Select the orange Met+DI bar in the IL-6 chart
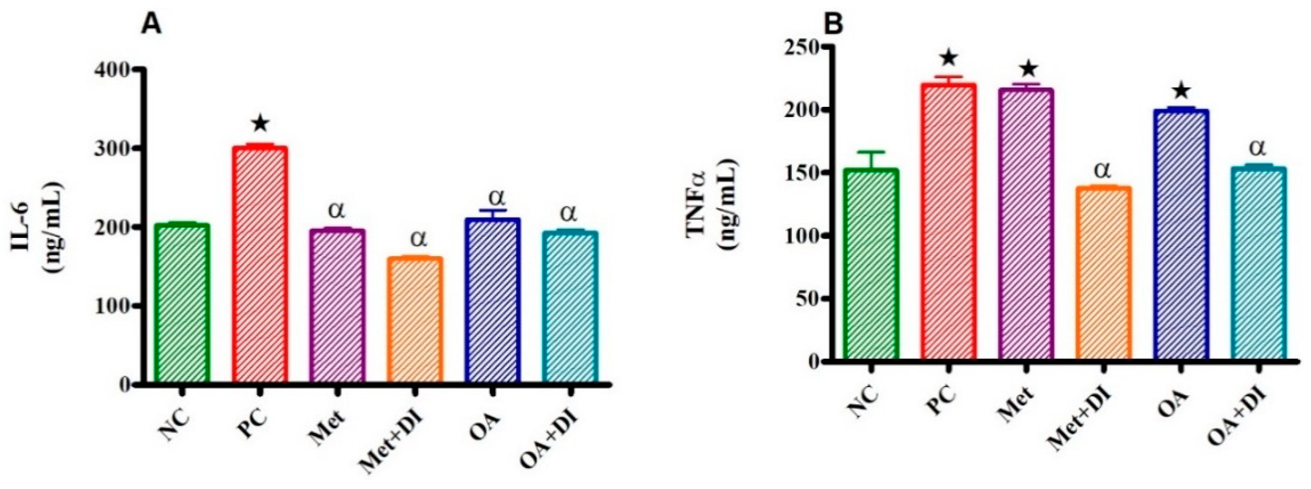tap(415, 326)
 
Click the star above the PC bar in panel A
tap(260, 124)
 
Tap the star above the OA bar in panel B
tap(1181, 92)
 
